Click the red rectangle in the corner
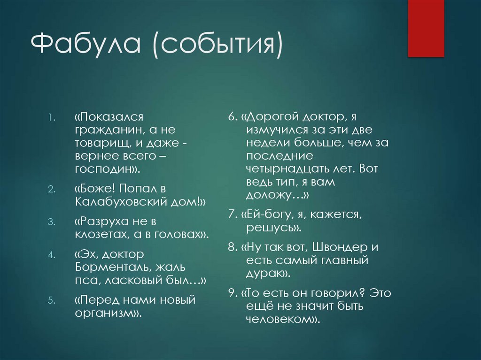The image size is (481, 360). [x=426, y=28]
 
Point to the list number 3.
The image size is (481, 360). [x=51, y=221]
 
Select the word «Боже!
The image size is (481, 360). [x=94, y=188]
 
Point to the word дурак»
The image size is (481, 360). [x=267, y=273]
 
